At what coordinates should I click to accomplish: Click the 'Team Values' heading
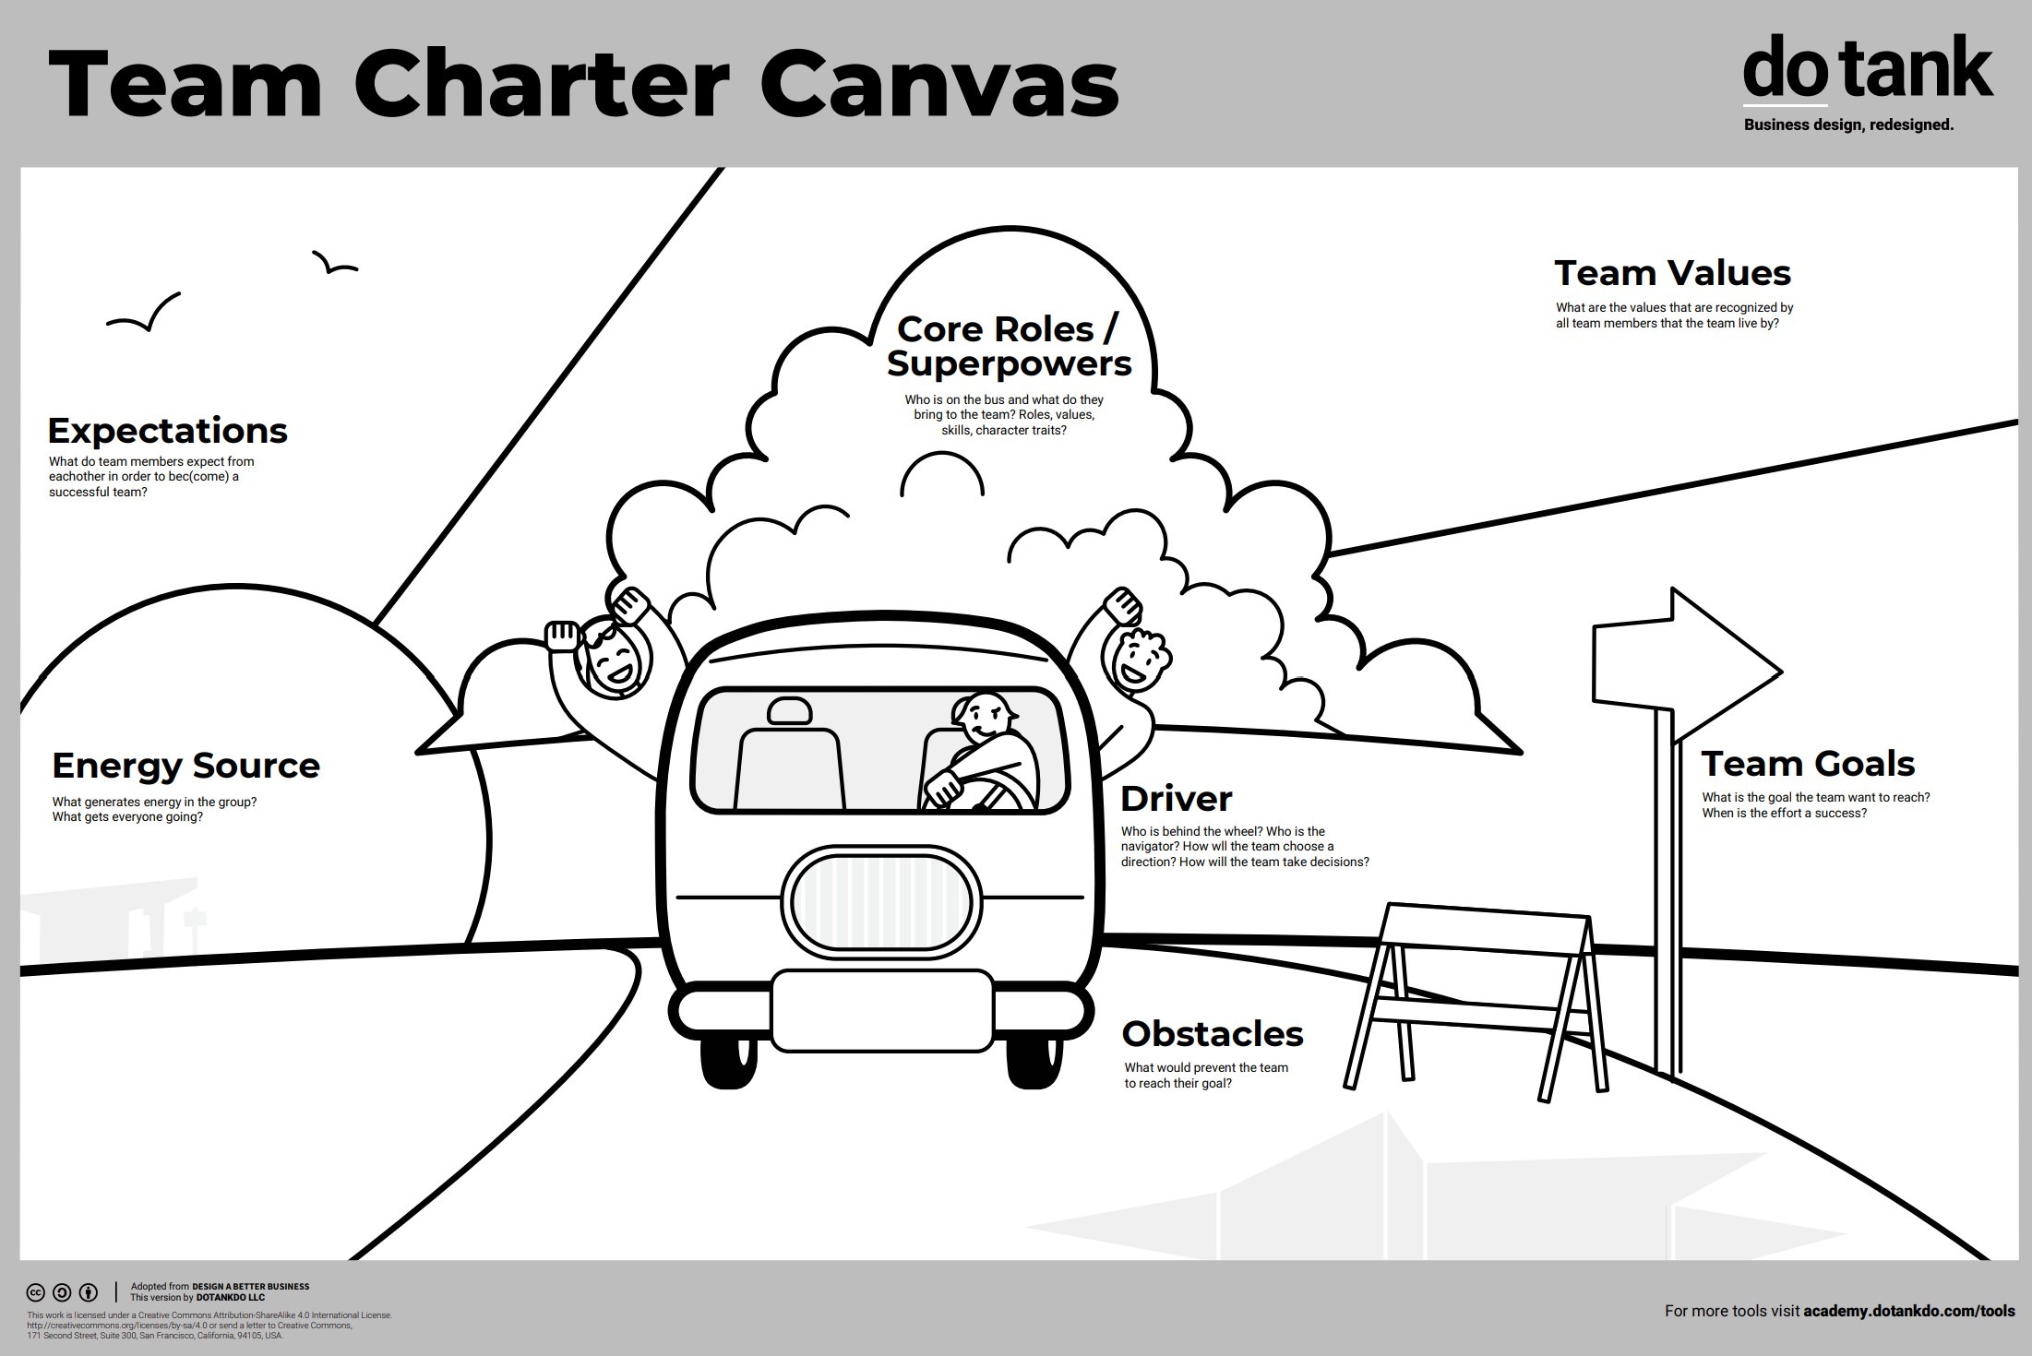[x=1672, y=274]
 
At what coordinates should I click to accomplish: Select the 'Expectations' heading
[x=167, y=431]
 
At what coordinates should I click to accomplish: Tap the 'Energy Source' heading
[x=185, y=766]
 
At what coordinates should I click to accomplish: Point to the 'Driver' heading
[x=1176, y=799]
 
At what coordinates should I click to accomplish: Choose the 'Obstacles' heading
[x=1212, y=1034]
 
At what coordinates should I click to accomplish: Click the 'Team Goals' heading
[x=1808, y=764]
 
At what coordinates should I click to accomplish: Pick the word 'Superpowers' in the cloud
[x=1009, y=363]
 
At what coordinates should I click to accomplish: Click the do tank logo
[x=1867, y=69]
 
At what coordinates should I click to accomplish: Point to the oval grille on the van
[x=881, y=898]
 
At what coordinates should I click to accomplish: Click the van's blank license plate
[x=881, y=1010]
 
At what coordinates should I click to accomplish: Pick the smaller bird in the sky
[x=333, y=264]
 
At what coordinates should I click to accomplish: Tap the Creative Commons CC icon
[x=36, y=1292]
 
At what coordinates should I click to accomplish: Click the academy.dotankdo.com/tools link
[x=1908, y=1311]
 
